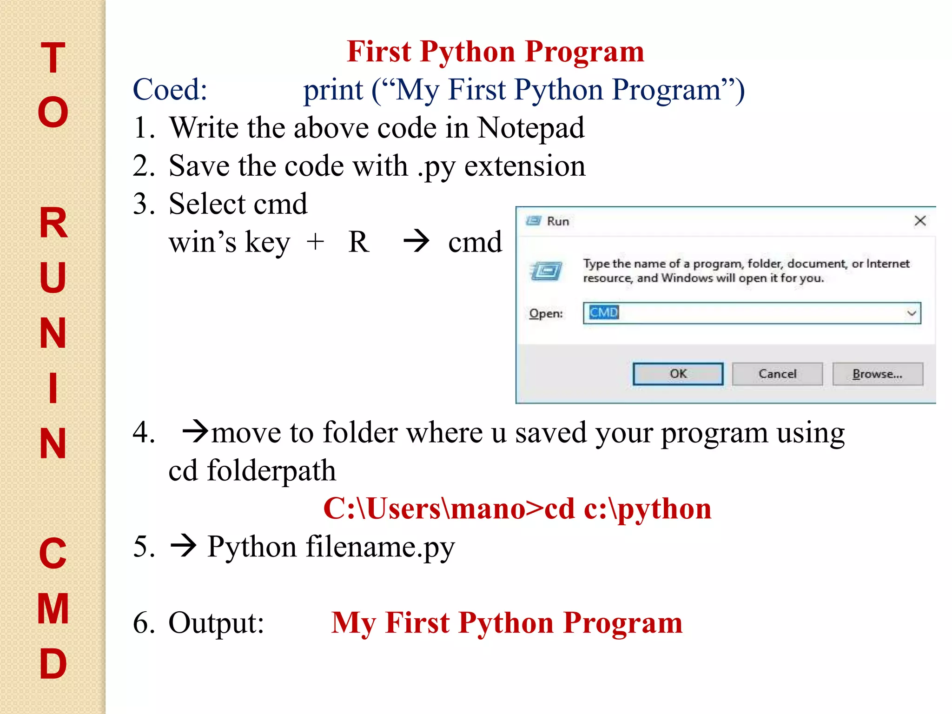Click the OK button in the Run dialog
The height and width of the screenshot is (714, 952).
coord(678,374)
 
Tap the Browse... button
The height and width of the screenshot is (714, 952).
coord(877,374)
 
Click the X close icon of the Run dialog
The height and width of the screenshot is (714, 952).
coord(920,221)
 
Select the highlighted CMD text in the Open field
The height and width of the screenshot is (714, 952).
coord(603,312)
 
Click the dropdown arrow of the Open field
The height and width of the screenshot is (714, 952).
coord(911,313)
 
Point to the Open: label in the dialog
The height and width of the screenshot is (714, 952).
coord(546,314)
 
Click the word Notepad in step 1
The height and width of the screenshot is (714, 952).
coord(531,128)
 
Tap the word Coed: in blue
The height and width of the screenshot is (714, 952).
coord(170,89)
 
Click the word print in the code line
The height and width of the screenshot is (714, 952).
coord(333,90)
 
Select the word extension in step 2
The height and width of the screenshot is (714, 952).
coord(525,166)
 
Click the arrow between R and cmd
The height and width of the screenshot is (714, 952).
coord(416,241)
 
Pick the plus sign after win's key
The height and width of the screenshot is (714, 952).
coord(315,242)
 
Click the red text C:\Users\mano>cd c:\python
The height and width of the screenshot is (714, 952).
coord(517,509)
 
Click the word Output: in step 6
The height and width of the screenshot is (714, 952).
coord(216,623)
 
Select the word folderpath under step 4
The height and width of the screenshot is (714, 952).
coord(271,470)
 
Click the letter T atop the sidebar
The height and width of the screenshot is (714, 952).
coord(53,58)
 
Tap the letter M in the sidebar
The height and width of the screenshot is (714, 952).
coord(53,608)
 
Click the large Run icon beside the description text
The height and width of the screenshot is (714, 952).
coord(546,271)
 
